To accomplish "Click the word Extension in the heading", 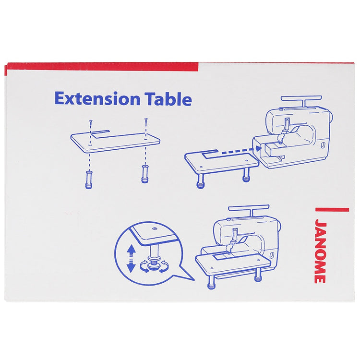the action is pos(97,99).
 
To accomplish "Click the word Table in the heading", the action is pos(169,99).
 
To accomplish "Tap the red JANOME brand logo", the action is pos(320,251).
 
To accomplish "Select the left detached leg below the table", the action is pos(89,180).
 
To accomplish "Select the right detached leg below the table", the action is pos(145,174).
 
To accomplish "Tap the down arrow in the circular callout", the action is pos(131,267).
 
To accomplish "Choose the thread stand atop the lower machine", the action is pos(249,209).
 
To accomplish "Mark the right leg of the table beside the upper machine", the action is pos(246,175).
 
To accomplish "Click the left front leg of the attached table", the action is pos(211,282).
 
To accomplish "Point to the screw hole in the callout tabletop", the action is pos(154,228).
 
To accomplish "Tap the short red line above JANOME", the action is pos(332,209).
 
